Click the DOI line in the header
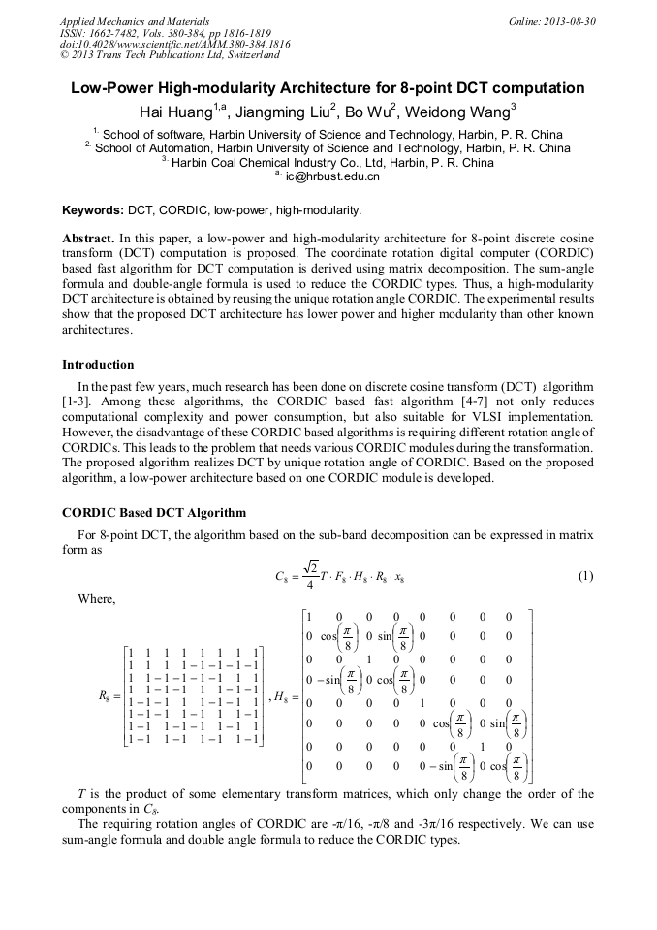pos(174,45)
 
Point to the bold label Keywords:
pos(93,210)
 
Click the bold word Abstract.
pos(89,239)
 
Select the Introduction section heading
pos(98,365)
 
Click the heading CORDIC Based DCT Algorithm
pos(154,512)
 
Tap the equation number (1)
pos(585,576)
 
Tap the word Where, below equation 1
pos(96,599)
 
